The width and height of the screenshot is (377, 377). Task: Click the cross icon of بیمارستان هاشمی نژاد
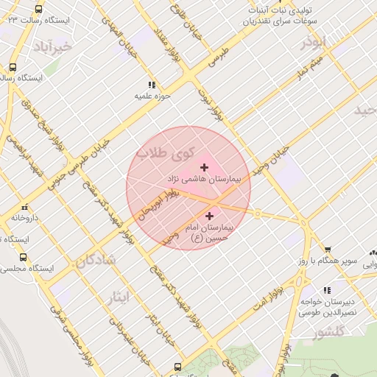204,168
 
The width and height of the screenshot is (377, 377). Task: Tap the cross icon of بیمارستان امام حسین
210,216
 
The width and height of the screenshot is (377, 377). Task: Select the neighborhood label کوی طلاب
172,155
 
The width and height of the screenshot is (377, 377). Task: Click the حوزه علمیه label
152,96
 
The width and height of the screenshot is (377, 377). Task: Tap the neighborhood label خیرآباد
52,48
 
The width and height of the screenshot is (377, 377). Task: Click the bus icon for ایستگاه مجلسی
24,258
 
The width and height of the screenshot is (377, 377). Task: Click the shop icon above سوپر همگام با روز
328,250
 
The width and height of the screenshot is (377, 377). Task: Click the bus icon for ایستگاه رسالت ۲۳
38,10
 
